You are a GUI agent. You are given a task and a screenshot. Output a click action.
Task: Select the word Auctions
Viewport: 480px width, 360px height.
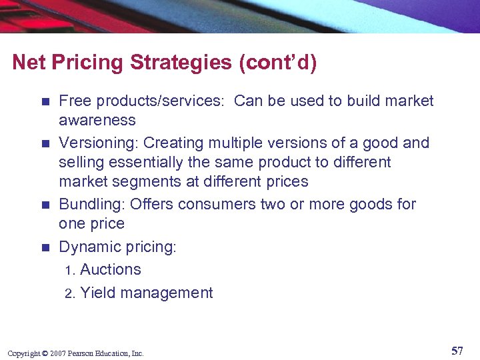click(x=111, y=269)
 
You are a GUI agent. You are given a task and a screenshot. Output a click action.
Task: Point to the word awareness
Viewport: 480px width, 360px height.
click(x=97, y=121)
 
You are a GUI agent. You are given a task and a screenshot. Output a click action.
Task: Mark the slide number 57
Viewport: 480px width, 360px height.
click(x=457, y=351)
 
